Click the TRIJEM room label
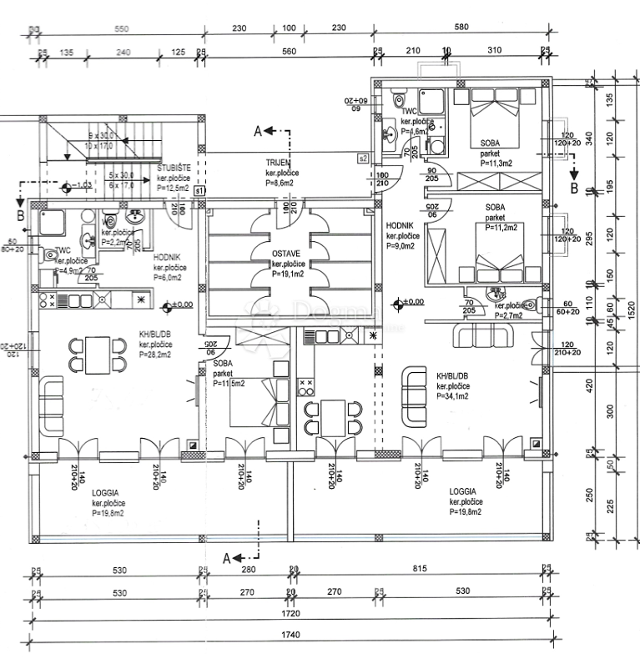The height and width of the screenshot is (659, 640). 278,163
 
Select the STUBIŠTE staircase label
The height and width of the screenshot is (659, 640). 174,168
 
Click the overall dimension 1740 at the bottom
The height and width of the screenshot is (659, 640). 290,635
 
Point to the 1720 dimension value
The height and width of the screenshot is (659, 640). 290,613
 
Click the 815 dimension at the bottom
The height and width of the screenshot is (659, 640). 419,569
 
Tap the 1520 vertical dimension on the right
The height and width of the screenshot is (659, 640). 632,309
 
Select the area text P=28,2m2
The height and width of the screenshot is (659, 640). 155,355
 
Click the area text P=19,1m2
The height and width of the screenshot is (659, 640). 288,274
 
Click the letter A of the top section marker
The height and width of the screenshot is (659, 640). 258,130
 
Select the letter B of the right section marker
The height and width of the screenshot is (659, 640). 574,189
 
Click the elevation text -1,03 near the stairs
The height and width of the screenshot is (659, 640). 82,185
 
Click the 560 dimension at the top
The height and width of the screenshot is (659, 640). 290,51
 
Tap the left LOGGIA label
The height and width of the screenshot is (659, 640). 108,493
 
